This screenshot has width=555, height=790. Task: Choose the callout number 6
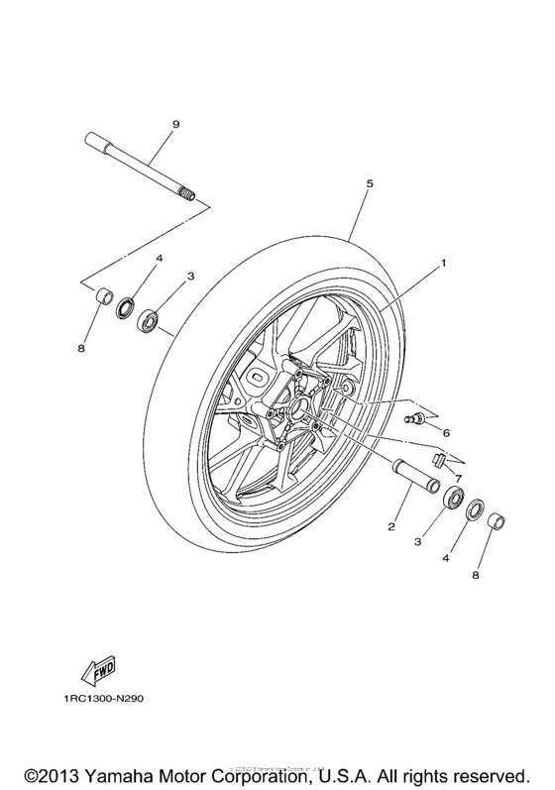pos(446,433)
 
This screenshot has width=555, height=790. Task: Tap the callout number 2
pos(391,526)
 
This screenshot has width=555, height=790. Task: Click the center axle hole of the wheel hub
pos(298,406)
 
